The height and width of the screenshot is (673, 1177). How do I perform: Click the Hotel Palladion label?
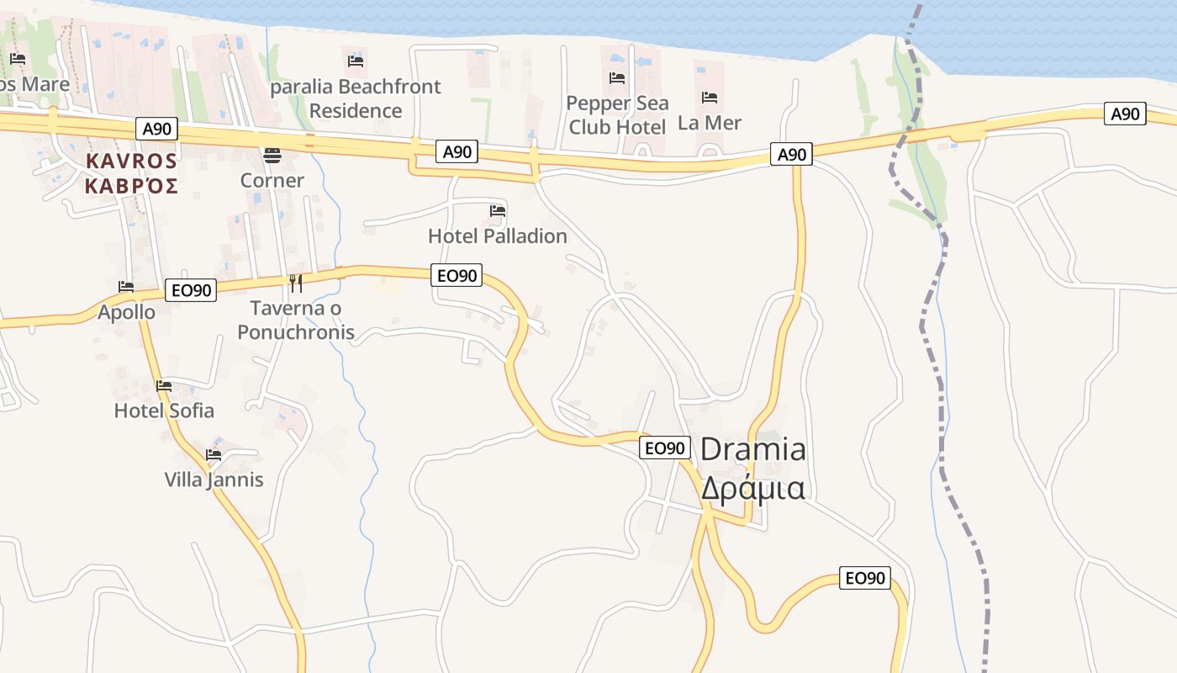[498, 236]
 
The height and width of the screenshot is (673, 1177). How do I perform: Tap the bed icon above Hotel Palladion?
[498, 210]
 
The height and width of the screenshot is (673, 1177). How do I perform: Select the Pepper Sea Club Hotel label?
[617, 115]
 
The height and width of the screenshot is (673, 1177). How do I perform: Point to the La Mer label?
[710, 123]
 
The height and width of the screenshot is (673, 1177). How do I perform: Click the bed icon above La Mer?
[710, 98]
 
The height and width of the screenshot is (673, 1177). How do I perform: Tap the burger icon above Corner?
[272, 155]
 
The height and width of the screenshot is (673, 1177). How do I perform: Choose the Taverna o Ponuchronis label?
[296, 321]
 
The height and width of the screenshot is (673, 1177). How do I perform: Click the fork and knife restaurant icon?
[295, 282]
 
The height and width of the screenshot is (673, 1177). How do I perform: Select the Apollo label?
[126, 312]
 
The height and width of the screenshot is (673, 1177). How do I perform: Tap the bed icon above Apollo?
[126, 287]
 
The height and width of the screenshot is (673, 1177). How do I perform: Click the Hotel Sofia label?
[164, 411]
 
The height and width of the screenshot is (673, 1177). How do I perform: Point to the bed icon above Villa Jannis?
[214, 455]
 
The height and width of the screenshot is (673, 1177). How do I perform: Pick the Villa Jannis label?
[214, 480]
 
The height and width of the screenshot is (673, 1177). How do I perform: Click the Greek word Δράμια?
[753, 489]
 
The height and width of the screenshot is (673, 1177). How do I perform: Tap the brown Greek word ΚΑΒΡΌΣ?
[131, 186]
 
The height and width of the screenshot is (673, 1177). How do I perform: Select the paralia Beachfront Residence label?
[356, 98]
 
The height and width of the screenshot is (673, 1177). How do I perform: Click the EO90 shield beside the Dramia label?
[665, 448]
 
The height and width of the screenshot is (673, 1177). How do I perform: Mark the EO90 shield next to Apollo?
[191, 291]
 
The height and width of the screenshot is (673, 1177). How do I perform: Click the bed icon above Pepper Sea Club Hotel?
[617, 78]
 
